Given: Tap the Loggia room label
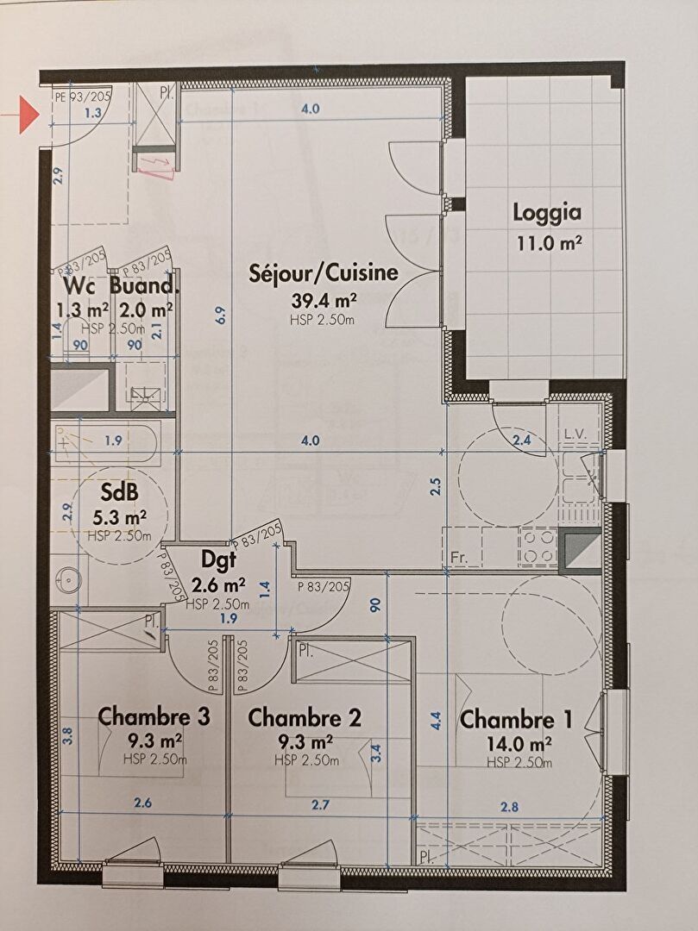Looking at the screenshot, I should pos(547,212).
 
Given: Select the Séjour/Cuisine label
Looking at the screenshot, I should pos(324,274).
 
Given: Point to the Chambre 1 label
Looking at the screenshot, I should pos(517,720).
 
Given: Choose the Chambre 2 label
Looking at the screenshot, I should pos(304,717).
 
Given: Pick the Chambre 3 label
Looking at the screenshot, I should pos(154,716).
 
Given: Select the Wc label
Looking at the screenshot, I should pos(79,285).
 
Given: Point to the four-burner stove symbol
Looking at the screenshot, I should pos(537,546).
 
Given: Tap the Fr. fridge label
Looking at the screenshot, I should pos(458,559).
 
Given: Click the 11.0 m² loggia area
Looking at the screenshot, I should pos(548,243).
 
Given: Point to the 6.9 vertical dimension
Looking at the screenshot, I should pos(222,316).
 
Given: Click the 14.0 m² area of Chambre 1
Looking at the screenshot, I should pos(518,743).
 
